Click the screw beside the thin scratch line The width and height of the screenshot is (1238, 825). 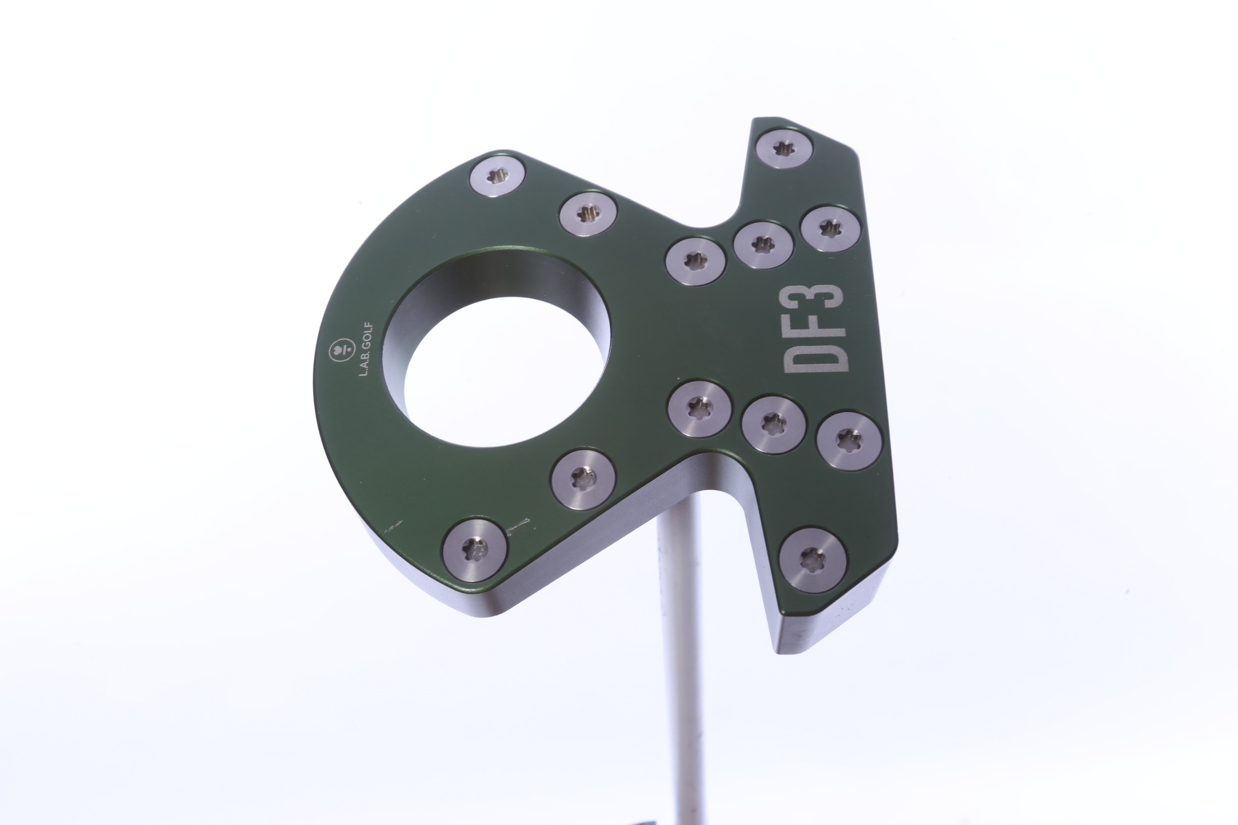click(x=475, y=550)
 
